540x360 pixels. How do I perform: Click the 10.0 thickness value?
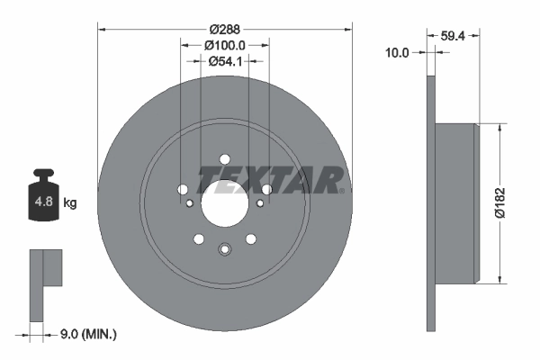[397, 52]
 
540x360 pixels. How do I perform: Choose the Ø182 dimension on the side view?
[514, 203]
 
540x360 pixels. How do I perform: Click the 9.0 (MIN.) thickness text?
[86, 334]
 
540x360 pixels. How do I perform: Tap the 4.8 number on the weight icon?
[43, 202]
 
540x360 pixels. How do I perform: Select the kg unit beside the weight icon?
[70, 202]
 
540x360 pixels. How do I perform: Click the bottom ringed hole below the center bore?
[225, 249]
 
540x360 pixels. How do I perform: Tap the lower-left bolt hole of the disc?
[198, 239]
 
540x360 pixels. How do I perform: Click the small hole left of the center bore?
[189, 203]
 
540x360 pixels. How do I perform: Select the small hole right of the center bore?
[261, 203]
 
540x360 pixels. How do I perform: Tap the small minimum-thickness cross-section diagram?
[46, 283]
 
